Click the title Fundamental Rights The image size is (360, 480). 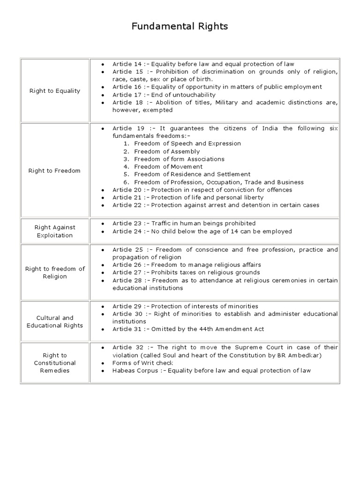pos(180,27)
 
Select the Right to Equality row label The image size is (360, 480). pos(55,91)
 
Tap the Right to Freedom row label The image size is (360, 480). pos(55,171)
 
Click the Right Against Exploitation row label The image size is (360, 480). pos(55,232)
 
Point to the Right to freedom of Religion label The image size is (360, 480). pos(55,272)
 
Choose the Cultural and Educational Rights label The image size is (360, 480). pos(55,322)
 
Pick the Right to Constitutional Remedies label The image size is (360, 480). pos(55,363)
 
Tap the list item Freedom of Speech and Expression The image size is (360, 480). pos(187,143)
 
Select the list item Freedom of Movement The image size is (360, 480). pos(168,166)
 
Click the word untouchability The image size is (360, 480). pos(196,95)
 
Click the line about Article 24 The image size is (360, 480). pos(202,231)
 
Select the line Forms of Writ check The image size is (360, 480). pos(142,363)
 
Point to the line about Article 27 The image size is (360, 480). pos(186,272)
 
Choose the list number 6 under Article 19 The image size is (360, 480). pos(126,182)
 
